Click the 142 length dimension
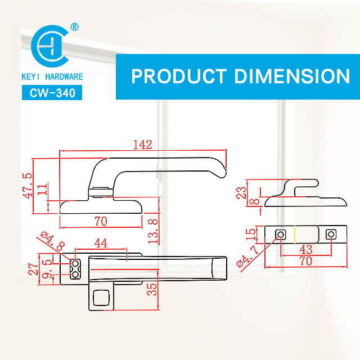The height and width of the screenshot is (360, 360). tap(142, 145)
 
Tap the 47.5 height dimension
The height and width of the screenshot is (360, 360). tap(28, 186)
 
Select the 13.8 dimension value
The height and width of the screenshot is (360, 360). tap(154, 231)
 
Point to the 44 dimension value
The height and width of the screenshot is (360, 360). tap(101, 243)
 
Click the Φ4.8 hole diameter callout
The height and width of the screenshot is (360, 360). tap(52, 241)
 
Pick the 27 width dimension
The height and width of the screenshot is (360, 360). tap(34, 269)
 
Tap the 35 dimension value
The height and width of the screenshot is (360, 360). tap(152, 289)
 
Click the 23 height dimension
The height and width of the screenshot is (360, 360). tap(241, 192)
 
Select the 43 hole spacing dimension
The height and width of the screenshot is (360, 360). tap(306, 250)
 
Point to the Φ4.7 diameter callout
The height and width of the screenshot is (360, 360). tap(248, 256)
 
